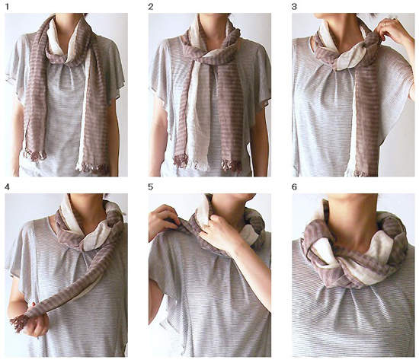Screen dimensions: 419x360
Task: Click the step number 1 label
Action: point(7,7)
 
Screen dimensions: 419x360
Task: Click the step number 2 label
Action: point(151,7)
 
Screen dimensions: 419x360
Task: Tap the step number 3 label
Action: point(294,7)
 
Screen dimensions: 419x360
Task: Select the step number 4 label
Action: point(7,187)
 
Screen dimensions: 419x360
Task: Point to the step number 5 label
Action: point(151,187)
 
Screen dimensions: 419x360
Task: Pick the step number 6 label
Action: point(294,187)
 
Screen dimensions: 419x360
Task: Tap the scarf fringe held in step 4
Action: point(18,323)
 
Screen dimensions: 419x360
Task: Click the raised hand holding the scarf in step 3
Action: point(389,30)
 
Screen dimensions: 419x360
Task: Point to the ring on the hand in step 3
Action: point(385,24)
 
